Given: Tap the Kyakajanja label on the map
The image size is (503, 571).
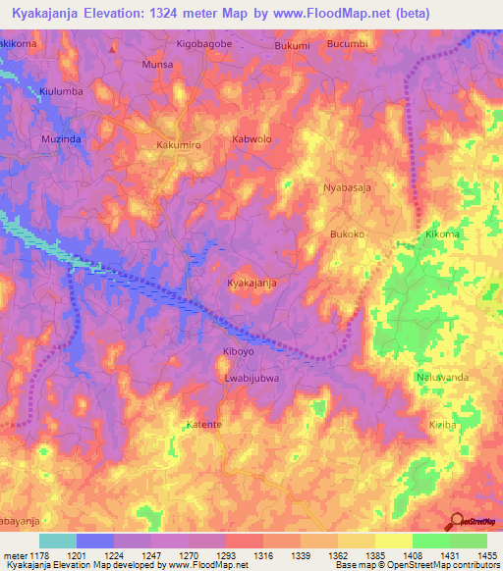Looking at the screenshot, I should click(251, 283).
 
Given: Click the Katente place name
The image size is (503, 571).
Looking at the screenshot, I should click(204, 425).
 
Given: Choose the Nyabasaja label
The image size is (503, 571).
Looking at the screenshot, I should click(350, 186).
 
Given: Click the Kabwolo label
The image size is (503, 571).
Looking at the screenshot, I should click(251, 139).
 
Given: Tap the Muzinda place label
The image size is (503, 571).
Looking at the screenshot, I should click(60, 139).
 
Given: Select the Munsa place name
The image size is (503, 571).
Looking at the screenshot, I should click(157, 64).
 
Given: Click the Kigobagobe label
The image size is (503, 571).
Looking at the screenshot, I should click(203, 45).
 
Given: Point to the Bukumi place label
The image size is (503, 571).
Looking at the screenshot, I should click(292, 45).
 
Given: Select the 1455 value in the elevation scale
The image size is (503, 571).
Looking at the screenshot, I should click(485, 555).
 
